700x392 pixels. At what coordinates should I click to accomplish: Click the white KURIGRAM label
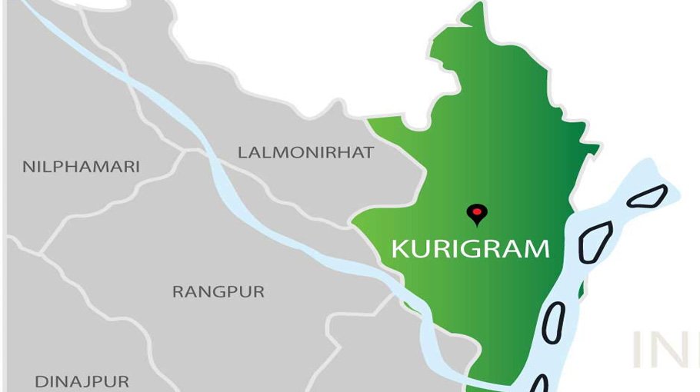click(470, 249)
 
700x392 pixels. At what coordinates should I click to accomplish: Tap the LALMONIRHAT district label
click(305, 152)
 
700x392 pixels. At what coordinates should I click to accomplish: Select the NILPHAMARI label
click(81, 166)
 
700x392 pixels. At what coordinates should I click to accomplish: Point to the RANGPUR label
click(218, 292)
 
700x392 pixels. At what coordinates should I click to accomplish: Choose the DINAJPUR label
click(82, 381)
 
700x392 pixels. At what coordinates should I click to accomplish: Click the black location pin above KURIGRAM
click(478, 214)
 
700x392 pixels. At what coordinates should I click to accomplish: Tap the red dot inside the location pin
click(478, 211)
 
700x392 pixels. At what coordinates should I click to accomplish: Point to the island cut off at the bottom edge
click(539, 384)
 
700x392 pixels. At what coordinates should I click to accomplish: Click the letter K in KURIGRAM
click(399, 249)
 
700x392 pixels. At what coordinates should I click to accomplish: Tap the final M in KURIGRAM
click(538, 249)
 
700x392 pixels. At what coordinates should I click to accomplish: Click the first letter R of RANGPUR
click(178, 292)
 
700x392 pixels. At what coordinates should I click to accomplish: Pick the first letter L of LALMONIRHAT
click(242, 152)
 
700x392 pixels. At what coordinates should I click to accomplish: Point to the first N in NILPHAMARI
click(28, 166)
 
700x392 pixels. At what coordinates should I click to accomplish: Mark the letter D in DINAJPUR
click(40, 381)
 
